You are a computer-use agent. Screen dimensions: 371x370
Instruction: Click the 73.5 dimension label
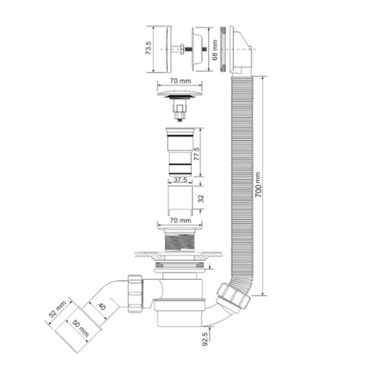pos(148,48)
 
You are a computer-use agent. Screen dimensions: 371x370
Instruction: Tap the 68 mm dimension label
pos(215,50)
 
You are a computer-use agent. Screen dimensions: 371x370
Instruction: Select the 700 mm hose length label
pos(258,184)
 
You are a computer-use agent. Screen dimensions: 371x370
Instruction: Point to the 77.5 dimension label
pos(197,154)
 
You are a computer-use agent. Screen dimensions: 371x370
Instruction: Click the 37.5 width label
pos(180,179)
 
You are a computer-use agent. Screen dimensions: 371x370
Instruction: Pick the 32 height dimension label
pos(201,199)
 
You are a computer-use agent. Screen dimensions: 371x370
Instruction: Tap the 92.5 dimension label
pos(205,339)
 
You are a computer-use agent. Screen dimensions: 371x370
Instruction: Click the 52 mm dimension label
pos(57,309)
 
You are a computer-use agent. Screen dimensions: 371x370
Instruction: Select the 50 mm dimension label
pos(81,328)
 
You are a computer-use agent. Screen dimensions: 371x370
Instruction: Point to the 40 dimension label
pos(102,306)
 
